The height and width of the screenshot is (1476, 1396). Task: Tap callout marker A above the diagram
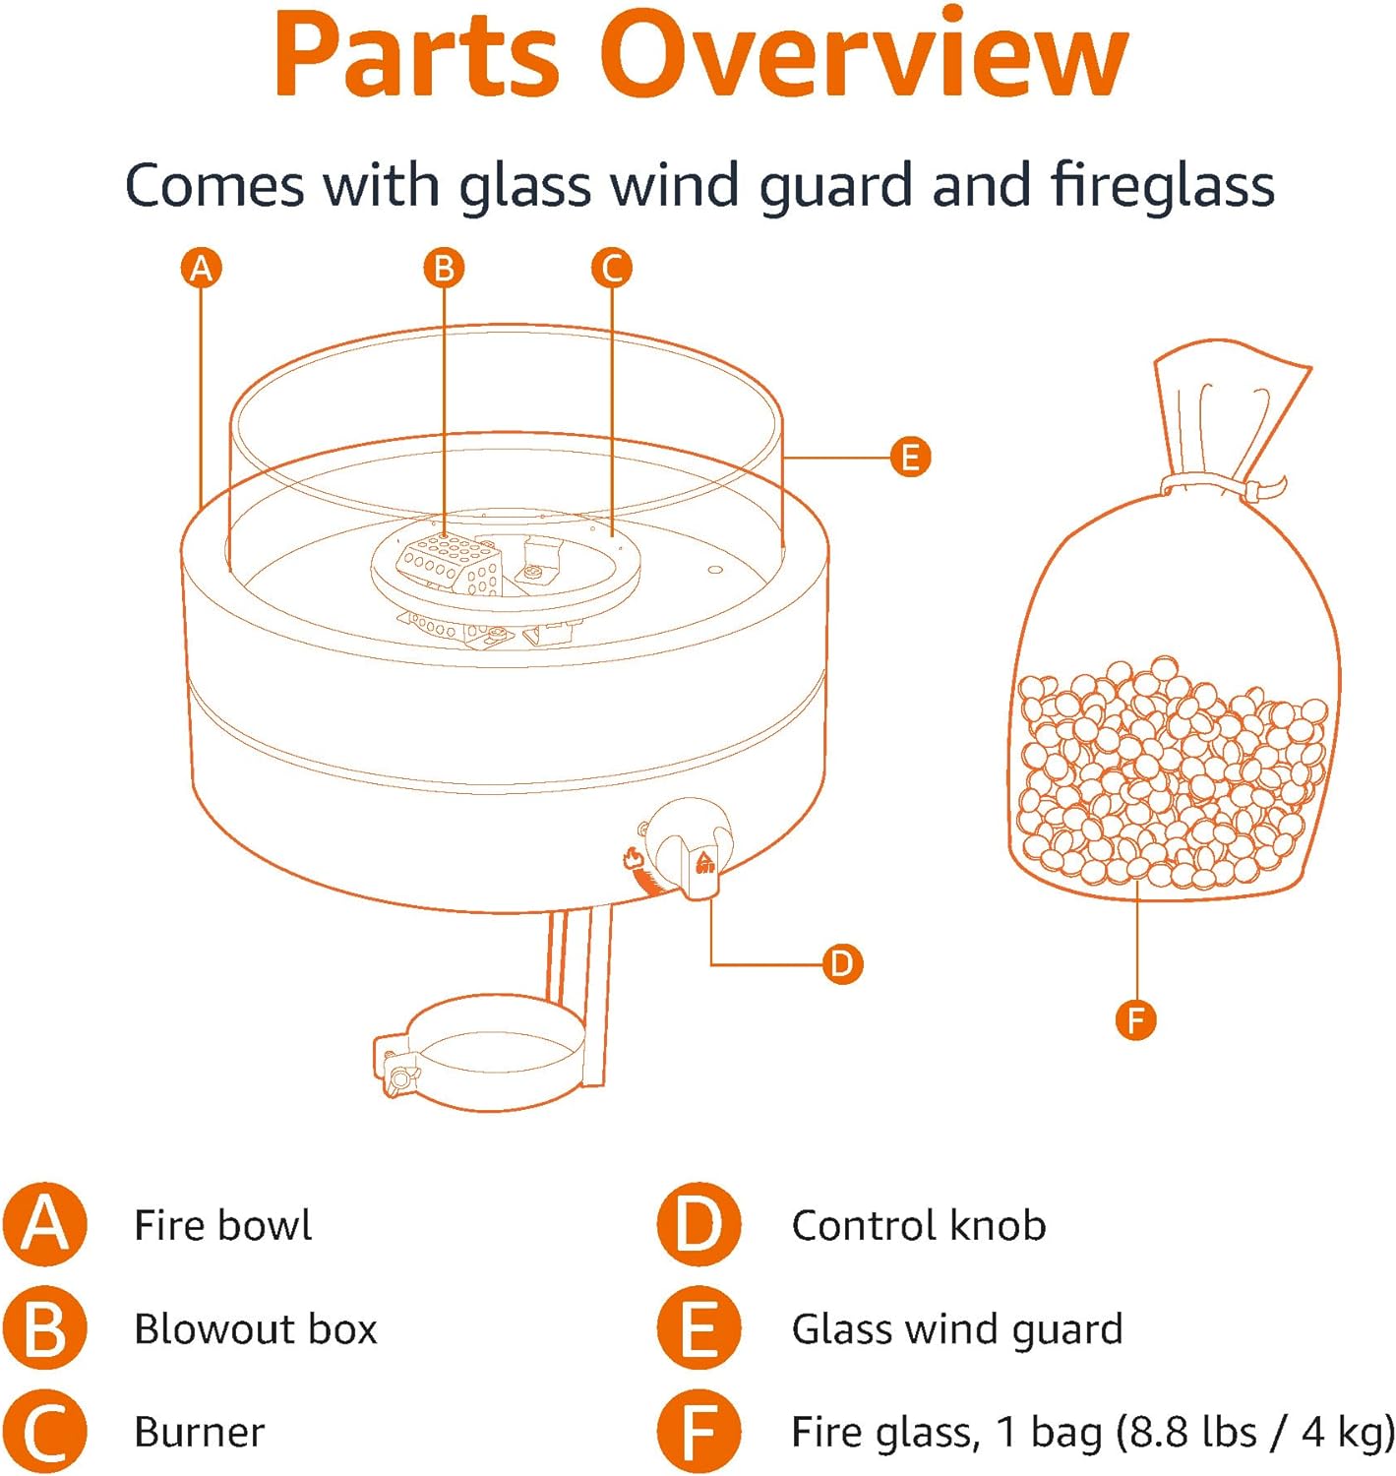tap(202, 268)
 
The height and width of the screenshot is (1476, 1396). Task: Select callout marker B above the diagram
tap(444, 268)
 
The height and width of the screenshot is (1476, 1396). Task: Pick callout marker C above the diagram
tap(612, 268)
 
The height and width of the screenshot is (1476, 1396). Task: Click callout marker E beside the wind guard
tap(910, 458)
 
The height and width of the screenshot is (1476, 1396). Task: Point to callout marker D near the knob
tap(842, 963)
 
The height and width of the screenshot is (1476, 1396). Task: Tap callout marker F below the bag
tap(1136, 1019)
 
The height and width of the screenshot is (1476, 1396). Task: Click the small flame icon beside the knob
tap(633, 858)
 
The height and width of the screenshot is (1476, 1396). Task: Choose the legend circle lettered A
tap(45, 1225)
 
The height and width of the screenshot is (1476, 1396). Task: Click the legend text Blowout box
tap(255, 1329)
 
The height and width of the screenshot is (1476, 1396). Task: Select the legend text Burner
tap(199, 1433)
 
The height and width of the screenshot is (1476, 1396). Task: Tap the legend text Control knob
tap(918, 1226)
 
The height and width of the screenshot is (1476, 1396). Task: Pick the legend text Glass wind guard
tap(956, 1329)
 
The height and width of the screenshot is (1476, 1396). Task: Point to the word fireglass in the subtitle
tap(1162, 185)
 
